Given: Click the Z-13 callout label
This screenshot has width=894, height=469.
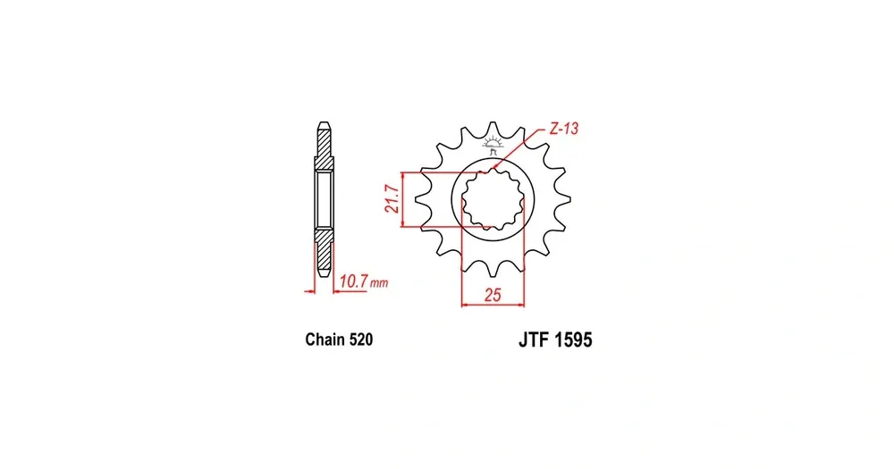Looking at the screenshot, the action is point(563,129).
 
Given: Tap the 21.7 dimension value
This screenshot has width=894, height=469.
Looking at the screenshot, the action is point(392,199).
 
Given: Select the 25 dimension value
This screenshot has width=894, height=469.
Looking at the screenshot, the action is point(493,295).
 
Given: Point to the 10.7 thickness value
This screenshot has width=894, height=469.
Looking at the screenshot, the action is point(353,281).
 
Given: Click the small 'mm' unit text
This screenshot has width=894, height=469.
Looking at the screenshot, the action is point(378,282).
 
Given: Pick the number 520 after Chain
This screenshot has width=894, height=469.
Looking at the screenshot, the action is point(361,339).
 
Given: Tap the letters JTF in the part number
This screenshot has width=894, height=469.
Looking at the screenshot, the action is point(533,340).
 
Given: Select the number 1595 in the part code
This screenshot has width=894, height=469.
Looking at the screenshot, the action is point(573,340).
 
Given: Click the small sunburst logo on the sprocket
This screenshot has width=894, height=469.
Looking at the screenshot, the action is point(493,141).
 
